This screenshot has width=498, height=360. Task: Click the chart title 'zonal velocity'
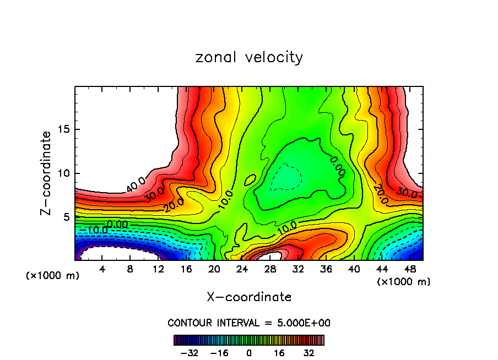point(249,57)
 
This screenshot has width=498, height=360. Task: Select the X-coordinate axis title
point(249,297)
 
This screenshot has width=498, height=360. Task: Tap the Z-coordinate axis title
point(47,173)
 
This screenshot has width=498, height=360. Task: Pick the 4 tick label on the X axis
point(102,270)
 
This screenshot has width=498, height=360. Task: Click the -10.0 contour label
point(90,229)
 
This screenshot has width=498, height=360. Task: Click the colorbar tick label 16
point(280,353)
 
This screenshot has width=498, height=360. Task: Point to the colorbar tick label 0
point(249,353)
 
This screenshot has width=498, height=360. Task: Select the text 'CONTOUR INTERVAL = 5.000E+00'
point(249,323)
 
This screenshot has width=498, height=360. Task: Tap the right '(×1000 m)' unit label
point(403,282)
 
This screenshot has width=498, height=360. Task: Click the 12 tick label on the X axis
point(159,270)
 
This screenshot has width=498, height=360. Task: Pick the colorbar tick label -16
point(219,353)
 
